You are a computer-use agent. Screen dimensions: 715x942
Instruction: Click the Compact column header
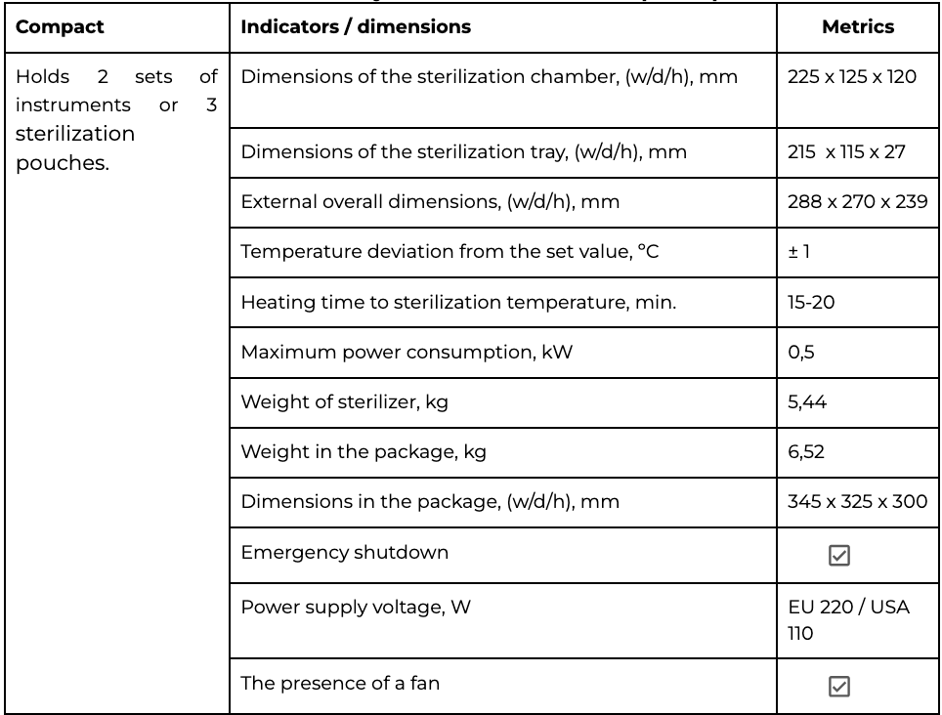coord(60,27)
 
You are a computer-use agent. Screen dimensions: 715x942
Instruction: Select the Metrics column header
coord(857,27)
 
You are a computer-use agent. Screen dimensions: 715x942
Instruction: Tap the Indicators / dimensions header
coord(356,27)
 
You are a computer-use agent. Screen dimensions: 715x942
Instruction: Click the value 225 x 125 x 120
coord(851,76)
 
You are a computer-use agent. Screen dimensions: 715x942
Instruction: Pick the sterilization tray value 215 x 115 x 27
coord(845,151)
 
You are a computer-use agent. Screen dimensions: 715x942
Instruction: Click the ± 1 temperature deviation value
coord(799,252)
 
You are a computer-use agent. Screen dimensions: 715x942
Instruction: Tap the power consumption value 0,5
coord(801,353)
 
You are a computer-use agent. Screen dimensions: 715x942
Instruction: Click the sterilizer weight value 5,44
coord(807,402)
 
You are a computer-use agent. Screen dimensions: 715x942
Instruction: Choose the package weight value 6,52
coord(807,452)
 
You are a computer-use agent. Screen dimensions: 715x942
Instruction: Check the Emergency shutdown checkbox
coord(838,556)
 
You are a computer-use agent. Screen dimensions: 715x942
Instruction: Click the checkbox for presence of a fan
coord(838,687)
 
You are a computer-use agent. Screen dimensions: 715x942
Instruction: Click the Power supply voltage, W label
coord(356,608)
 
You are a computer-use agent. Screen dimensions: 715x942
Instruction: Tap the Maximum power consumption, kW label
coord(407,353)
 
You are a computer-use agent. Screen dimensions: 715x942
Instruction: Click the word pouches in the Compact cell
coord(62,163)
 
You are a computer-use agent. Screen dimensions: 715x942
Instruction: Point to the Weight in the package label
coord(364,452)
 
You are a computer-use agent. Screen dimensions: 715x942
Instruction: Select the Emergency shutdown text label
coord(345,552)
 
